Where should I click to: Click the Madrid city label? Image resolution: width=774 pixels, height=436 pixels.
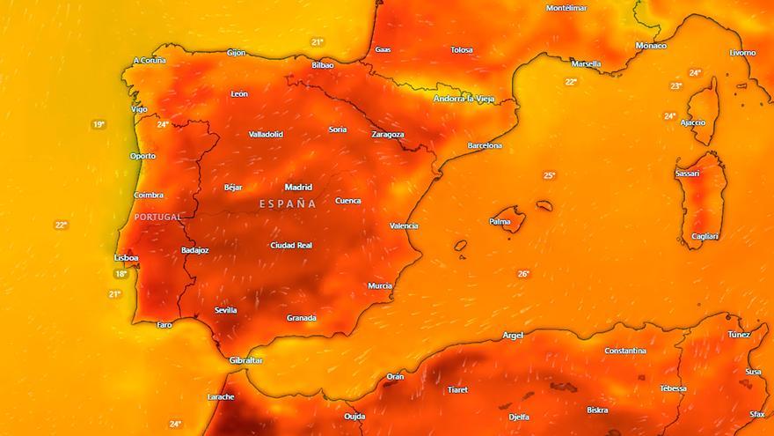tap(298, 187)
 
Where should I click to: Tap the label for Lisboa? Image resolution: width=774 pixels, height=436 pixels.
tap(127, 257)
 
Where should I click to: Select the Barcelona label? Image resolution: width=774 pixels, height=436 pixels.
tap(484, 145)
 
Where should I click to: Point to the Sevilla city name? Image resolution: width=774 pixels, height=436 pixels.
tap(225, 310)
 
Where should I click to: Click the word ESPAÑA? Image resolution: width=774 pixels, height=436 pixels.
tap(288, 203)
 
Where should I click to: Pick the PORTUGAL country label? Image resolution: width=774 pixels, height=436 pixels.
tap(157, 217)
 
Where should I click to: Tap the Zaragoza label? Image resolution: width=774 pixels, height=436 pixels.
tap(387, 135)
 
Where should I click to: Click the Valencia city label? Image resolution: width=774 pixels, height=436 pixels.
tap(404, 226)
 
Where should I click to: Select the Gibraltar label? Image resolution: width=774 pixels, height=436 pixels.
tap(245, 360)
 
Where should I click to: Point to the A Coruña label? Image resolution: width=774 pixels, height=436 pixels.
tap(150, 61)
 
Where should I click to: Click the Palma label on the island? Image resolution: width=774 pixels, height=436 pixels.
tap(500, 222)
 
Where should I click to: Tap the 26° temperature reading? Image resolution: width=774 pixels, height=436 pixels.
tap(523, 274)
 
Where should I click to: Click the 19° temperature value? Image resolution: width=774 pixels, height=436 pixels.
tap(99, 125)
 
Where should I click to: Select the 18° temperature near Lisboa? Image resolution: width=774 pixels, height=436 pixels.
tap(120, 274)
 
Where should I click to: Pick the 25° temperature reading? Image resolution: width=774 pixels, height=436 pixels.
tap(549, 175)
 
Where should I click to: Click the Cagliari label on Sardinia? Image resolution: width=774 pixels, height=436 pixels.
tap(705, 236)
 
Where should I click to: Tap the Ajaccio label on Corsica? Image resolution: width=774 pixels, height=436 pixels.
tap(692, 122)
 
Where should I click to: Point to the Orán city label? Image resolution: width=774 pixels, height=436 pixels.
tap(396, 377)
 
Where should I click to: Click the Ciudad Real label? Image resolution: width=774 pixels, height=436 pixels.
tap(292, 246)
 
